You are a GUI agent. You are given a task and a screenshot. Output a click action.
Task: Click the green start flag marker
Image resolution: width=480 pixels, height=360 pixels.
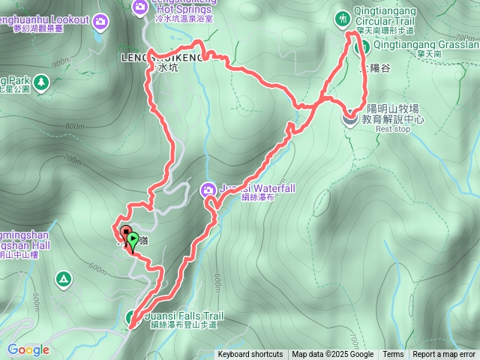pos(133,241)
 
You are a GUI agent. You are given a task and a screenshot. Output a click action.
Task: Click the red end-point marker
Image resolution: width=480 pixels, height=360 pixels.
pos(125,232)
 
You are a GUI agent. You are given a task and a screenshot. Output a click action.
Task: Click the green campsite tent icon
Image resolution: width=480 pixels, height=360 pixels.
pos(64,280)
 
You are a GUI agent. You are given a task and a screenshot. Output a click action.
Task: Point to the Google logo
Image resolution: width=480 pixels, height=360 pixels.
pos(28,349)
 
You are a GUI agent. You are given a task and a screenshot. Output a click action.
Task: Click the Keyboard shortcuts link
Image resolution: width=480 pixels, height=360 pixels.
pos(250,355)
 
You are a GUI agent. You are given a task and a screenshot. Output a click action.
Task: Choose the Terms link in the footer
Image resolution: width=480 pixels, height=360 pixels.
pos(393,355)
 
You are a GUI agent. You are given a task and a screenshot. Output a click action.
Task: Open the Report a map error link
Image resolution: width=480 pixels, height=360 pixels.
pos(444,355)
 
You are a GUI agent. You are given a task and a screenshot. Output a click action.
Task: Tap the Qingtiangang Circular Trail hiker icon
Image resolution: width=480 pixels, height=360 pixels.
pos(343,16)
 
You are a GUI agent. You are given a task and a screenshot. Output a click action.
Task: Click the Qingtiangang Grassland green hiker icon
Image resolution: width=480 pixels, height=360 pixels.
pos(361,47)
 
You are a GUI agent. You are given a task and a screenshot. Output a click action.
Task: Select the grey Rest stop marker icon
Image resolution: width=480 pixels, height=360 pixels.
pos(350,117)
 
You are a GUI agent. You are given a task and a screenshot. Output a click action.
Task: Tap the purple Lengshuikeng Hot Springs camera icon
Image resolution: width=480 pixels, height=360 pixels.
pos(139,7)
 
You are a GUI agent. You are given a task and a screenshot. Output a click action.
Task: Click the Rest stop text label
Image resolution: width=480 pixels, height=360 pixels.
pos(393,129)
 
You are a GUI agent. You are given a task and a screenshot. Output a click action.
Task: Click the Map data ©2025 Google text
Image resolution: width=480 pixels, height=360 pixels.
pos(332,355)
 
